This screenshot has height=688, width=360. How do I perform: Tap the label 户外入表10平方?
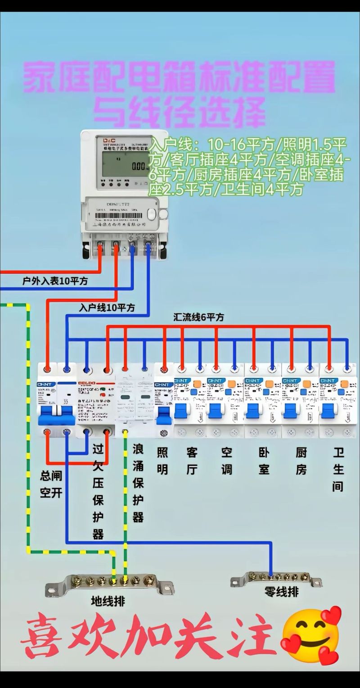point(55,281)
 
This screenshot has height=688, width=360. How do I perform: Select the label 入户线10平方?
point(107,308)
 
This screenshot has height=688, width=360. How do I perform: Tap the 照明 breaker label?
point(162,461)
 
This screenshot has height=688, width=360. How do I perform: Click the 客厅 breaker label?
point(192,461)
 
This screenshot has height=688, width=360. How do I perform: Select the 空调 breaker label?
point(227,461)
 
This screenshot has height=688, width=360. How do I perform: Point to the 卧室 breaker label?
point(264,461)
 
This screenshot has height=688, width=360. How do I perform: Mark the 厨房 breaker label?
point(301,461)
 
